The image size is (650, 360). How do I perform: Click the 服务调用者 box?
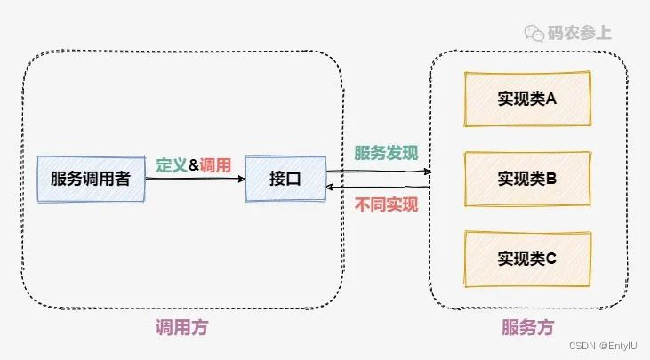90,179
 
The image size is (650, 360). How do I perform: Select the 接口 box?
285,179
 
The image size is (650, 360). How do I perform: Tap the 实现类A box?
526,99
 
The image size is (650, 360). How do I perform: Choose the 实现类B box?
526,179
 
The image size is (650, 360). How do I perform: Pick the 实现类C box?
526,259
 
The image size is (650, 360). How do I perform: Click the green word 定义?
172,164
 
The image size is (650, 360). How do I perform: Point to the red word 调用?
215,164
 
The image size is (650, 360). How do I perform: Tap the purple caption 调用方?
181,328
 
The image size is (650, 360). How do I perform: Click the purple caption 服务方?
527,328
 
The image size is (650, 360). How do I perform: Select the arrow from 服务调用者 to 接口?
196,180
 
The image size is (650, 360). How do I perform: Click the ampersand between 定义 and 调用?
194,164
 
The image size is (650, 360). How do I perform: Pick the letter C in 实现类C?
550,259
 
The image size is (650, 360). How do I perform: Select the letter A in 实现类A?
550,99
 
